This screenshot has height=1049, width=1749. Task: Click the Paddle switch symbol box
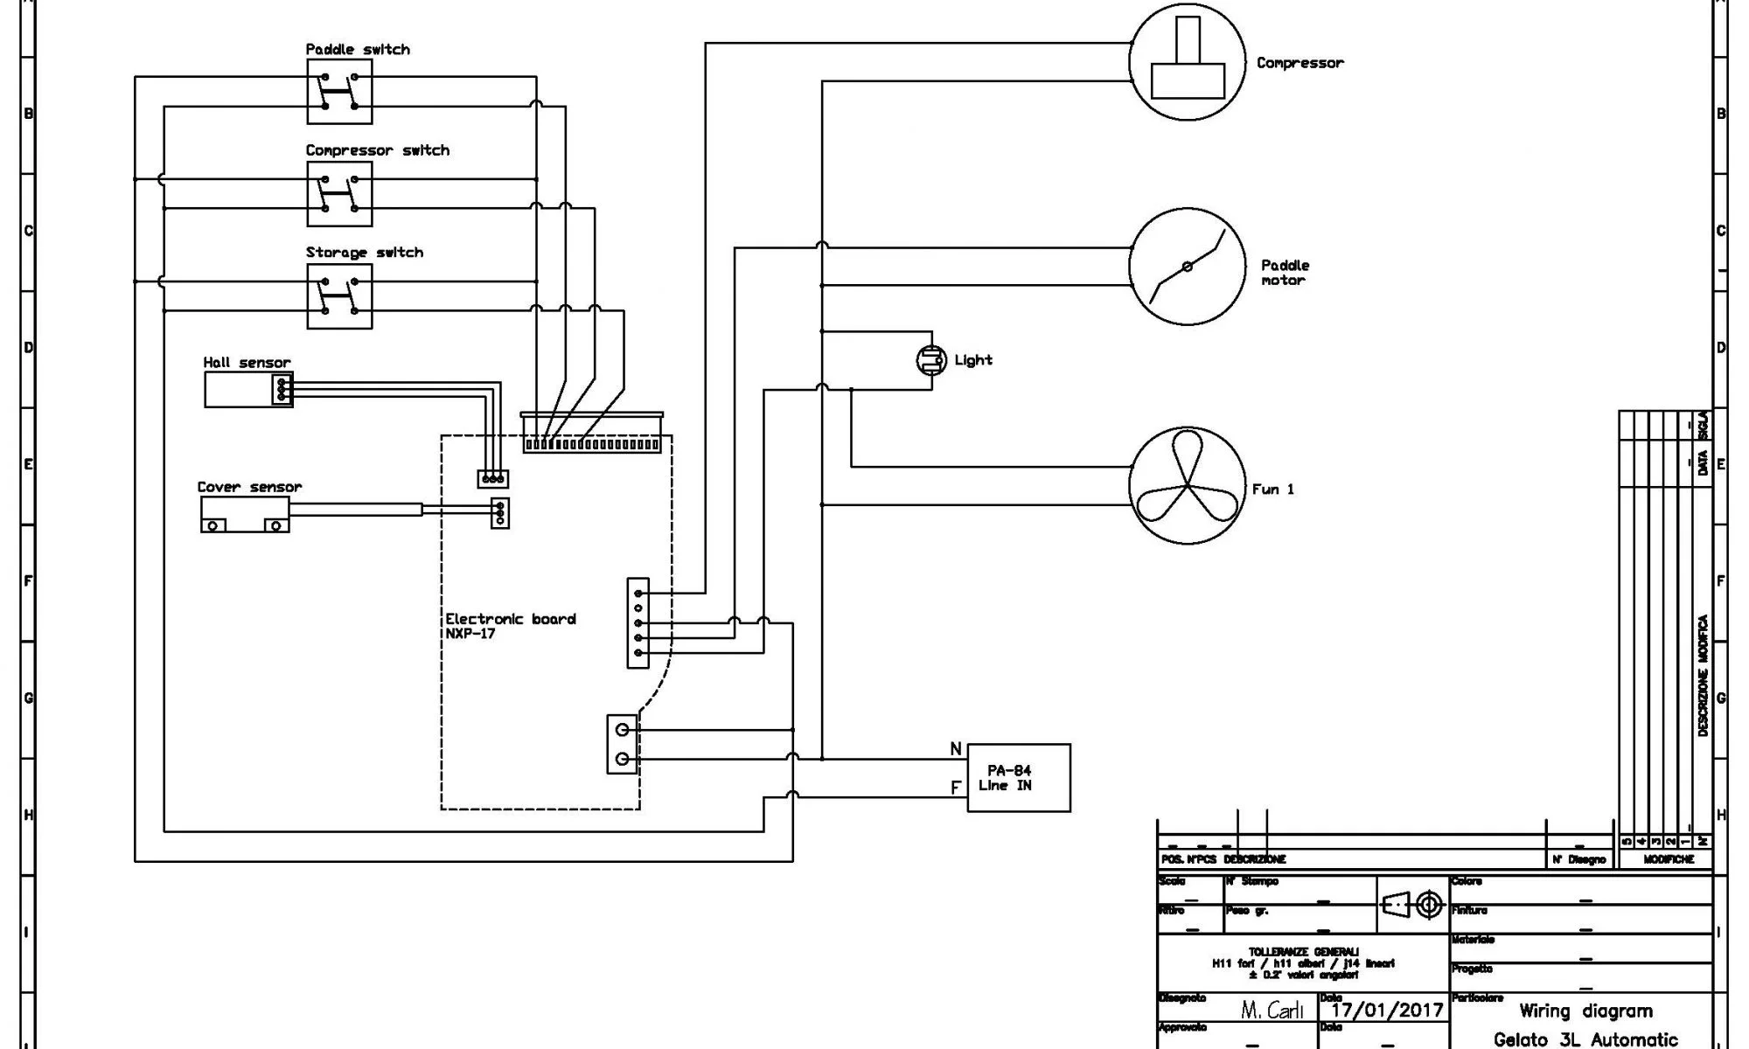tap(339, 92)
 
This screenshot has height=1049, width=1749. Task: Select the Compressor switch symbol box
tap(339, 194)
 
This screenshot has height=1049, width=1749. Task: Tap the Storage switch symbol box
tap(339, 296)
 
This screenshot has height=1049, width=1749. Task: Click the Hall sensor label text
tap(247, 362)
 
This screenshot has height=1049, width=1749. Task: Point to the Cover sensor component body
tap(245, 515)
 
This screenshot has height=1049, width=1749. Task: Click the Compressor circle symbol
tap(1187, 61)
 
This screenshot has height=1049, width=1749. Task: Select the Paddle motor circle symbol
tap(1187, 267)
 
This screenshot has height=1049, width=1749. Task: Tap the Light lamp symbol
tap(931, 360)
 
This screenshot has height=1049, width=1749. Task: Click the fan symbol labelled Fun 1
tap(1187, 486)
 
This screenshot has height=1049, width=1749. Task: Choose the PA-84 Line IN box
tap(1018, 778)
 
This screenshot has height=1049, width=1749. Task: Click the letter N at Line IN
tap(956, 749)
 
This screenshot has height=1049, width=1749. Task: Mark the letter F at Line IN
tap(956, 788)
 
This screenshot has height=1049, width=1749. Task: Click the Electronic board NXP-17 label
tap(510, 626)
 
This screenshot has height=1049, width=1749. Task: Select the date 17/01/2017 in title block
tap(1387, 1011)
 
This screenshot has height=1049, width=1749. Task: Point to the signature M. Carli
tap(1272, 1011)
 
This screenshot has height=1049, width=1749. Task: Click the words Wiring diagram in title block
tap(1585, 1011)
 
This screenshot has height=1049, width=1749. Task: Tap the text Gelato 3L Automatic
tap(1585, 1039)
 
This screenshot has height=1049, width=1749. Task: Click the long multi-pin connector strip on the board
tap(592, 444)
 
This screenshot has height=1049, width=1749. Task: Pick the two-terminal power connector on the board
tap(622, 744)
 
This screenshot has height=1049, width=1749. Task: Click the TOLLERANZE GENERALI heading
tap(1303, 951)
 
